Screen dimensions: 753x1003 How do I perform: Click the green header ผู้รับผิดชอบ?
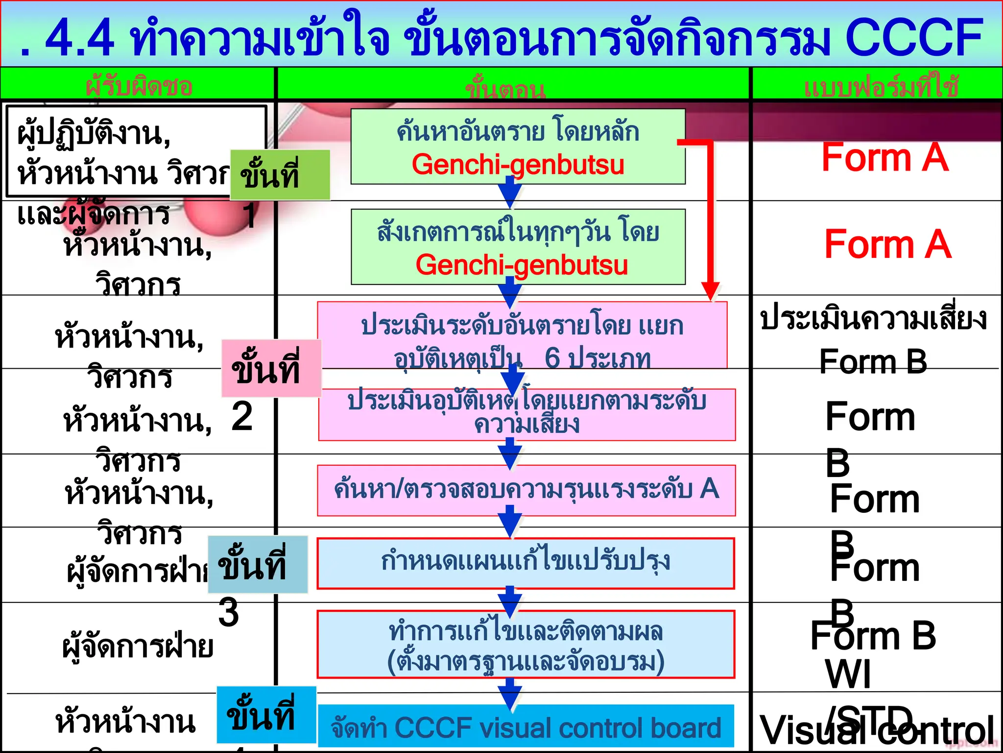pos(139,86)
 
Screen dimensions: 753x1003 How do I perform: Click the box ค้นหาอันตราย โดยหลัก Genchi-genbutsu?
pos(518,147)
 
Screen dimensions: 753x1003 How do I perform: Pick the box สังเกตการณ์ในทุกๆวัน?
pos(518,247)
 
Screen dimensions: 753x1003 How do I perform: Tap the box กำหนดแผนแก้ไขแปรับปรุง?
pos(525,563)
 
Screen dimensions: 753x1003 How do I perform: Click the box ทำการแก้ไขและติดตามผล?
pos(525,644)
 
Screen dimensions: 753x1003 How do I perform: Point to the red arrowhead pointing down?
pos(710,291)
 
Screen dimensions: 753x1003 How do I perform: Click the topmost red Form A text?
pos(884,158)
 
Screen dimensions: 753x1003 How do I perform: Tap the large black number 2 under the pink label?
pos(242,417)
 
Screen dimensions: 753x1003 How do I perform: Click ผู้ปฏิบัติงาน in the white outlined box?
pos(93,133)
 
